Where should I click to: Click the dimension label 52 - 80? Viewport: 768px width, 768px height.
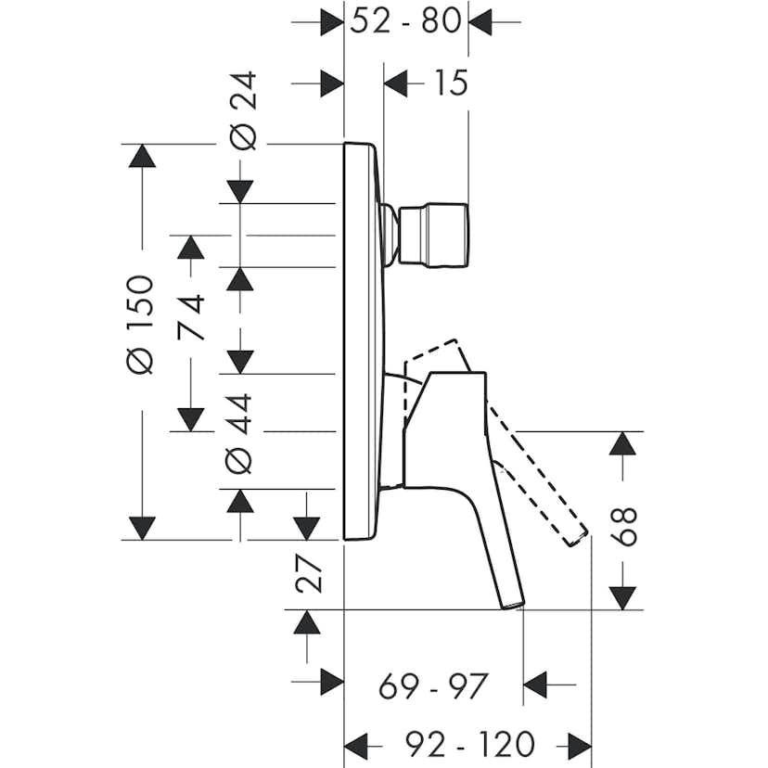click(405, 21)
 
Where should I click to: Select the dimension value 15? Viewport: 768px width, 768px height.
click(451, 83)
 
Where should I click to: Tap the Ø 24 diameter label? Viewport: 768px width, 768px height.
click(243, 110)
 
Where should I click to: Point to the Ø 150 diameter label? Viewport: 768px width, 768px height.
click(140, 325)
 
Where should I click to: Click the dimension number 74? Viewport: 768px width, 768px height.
click(190, 317)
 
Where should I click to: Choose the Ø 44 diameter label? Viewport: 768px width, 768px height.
click(238, 434)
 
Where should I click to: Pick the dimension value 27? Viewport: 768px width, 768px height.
click(309, 573)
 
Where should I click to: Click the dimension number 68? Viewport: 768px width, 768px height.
click(623, 527)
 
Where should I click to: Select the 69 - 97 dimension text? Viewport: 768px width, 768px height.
click(433, 686)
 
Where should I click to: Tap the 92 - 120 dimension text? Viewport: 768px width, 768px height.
click(469, 745)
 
